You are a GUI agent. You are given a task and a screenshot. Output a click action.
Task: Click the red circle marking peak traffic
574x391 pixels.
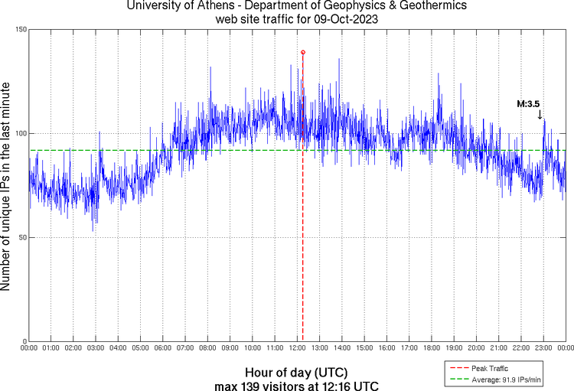pos(303,52)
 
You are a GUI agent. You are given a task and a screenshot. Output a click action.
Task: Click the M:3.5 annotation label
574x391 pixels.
pos(528,103)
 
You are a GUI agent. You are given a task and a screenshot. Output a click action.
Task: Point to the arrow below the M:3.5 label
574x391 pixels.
pos(540,115)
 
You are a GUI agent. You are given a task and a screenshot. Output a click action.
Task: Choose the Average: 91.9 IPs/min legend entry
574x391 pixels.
pos(505,377)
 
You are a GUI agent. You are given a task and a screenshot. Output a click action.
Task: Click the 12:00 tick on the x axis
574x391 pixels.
pos(297,348)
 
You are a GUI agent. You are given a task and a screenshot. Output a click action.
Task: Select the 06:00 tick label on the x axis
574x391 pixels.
pos(163,348)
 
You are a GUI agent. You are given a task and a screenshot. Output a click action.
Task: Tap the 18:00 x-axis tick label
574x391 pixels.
pos(432,348)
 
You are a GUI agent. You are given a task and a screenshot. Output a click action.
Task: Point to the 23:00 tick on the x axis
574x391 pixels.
pos(543,348)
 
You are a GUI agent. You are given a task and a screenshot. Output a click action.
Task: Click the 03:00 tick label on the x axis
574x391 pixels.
pos(96,348)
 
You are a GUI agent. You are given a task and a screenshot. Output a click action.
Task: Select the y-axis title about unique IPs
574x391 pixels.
pos(7,185)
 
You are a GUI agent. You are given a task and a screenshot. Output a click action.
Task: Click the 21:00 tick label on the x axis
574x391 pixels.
pos(498,348)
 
